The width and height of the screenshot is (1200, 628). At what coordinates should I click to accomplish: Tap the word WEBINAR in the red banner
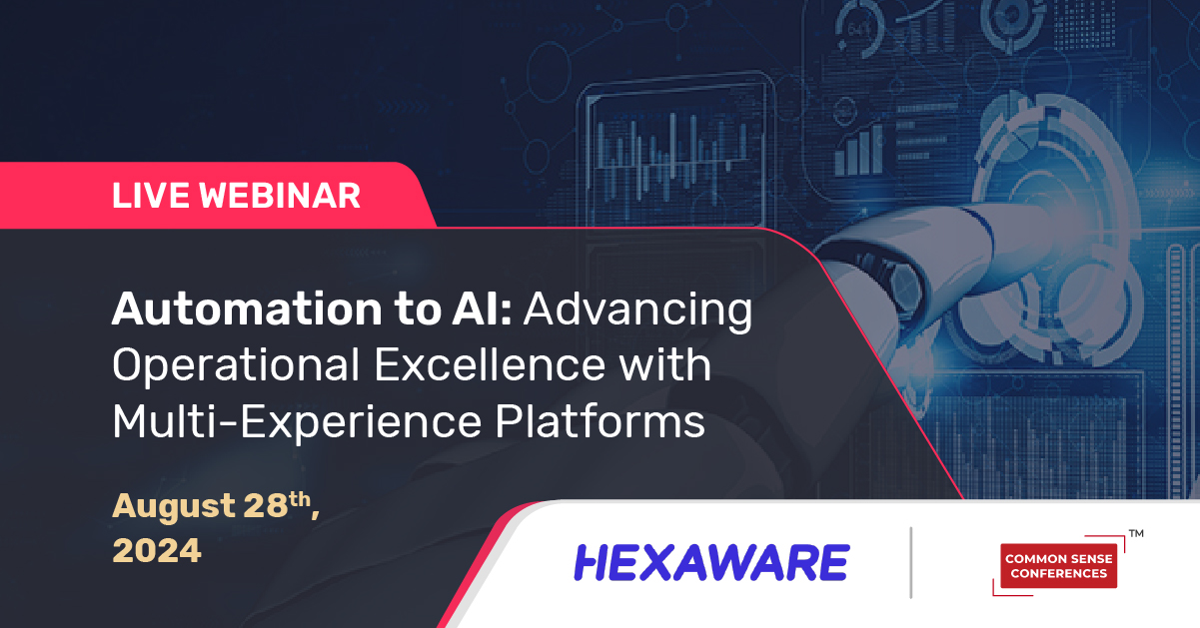coord(281,195)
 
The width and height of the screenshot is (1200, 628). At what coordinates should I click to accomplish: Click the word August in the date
coord(172,506)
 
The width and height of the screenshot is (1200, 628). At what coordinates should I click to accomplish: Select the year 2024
coord(157,550)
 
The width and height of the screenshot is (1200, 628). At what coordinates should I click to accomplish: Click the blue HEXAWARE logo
coord(711,563)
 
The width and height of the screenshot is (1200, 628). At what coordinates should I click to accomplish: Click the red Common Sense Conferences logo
coord(1058,565)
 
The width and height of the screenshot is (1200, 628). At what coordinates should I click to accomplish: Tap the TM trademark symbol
coord(1135,534)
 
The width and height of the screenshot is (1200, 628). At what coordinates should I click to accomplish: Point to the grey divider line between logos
coord(911,563)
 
